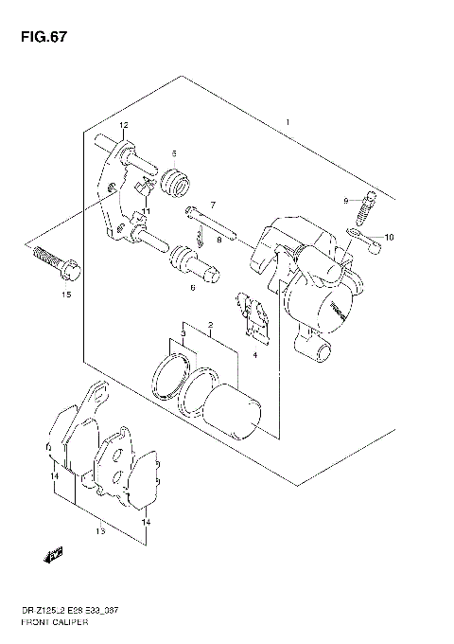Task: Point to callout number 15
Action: pyautogui.click(x=65, y=295)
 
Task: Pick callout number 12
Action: pyautogui.click(x=123, y=126)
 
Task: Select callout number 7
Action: pyautogui.click(x=213, y=205)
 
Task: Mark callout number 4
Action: pyautogui.click(x=254, y=354)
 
